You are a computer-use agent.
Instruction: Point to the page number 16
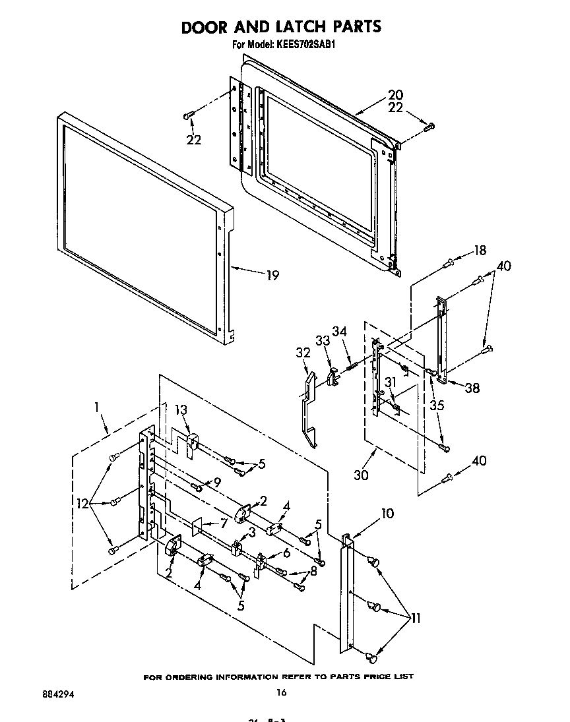point(282,692)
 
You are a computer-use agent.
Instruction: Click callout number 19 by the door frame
point(271,276)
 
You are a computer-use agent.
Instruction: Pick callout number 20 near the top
point(395,94)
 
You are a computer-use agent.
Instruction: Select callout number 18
point(480,251)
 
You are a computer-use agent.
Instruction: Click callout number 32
point(303,353)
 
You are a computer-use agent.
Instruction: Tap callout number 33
point(323,341)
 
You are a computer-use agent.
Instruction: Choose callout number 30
point(360,474)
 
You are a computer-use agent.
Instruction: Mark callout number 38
point(472,388)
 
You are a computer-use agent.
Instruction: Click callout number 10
point(387,513)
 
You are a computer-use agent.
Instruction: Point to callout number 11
point(416,618)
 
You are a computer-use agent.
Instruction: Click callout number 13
point(181,410)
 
